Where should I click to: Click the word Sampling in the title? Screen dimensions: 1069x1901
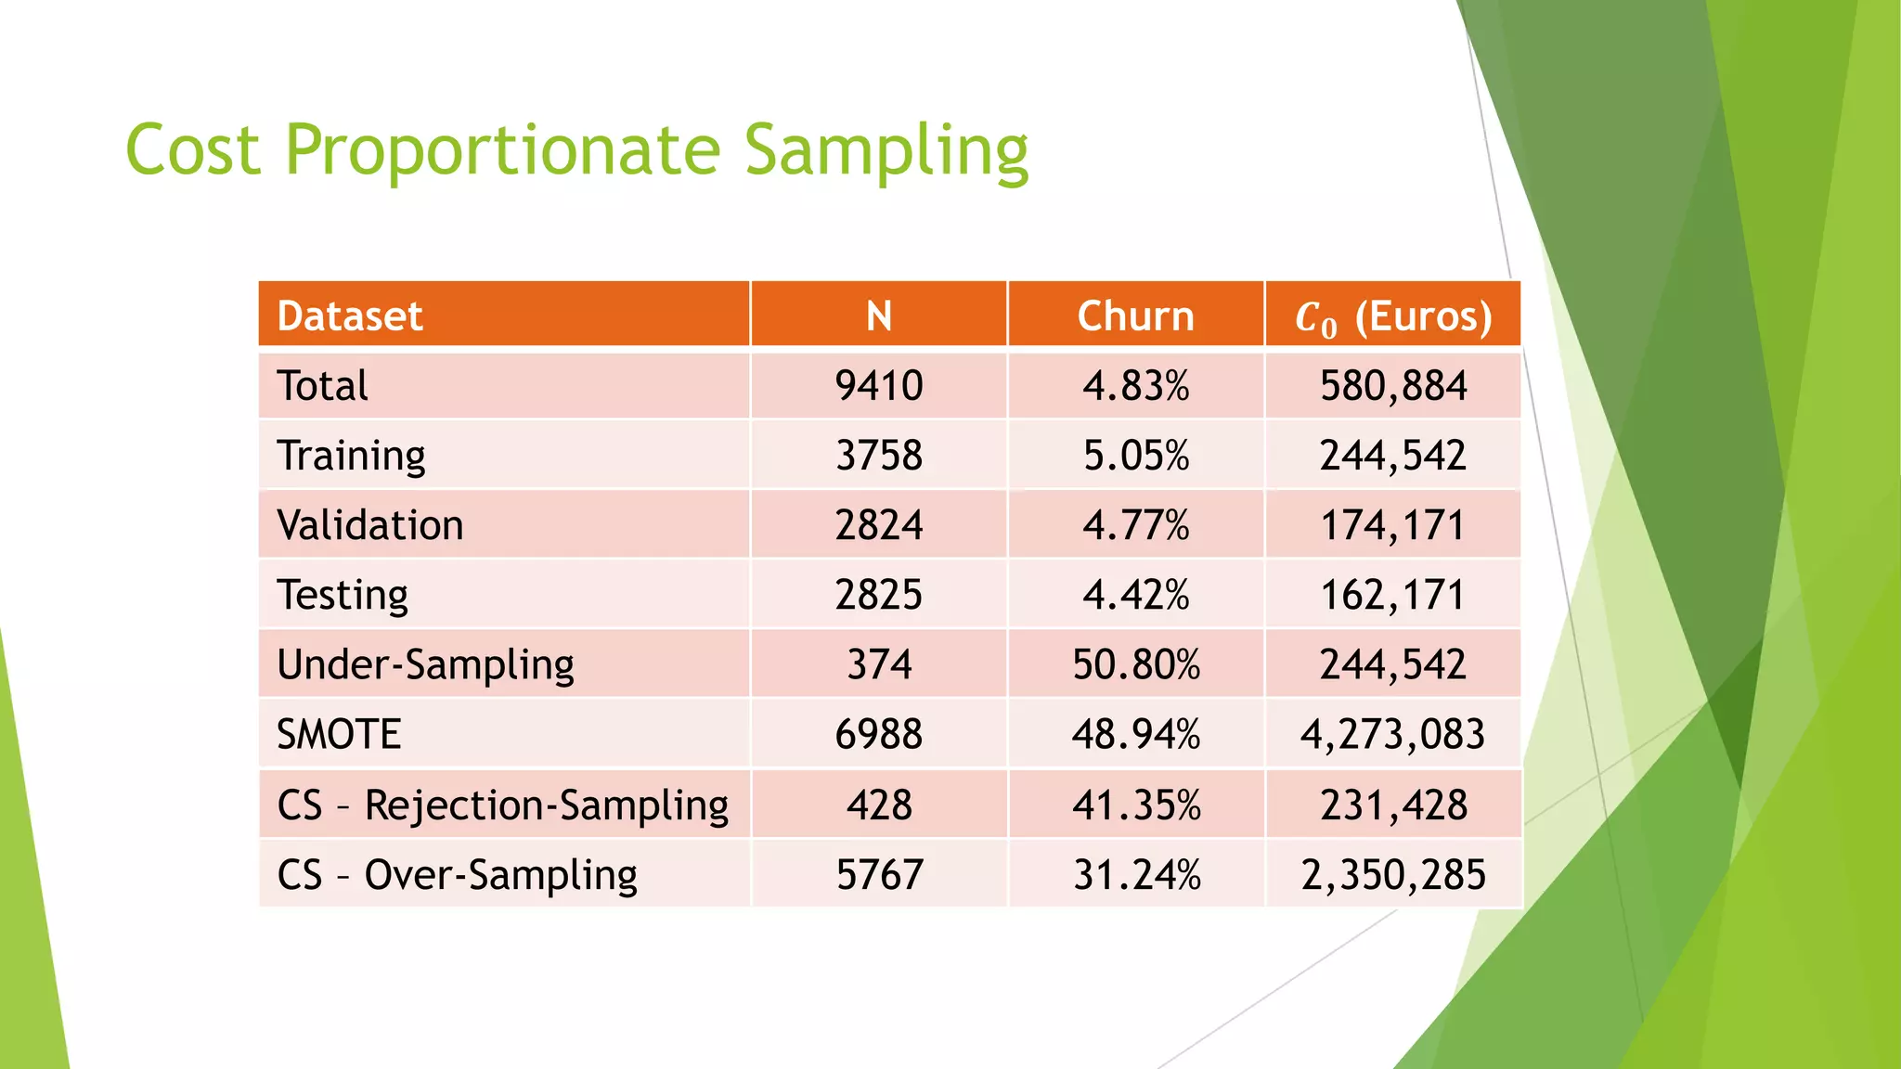point(886,150)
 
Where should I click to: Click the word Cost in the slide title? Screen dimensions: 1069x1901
point(193,150)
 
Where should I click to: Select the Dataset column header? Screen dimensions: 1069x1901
point(350,316)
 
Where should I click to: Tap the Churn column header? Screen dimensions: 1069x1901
point(1135,316)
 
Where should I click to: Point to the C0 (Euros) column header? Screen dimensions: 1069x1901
point(1392,317)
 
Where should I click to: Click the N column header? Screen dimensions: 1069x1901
point(878,316)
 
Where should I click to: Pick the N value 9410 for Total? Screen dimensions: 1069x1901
point(878,386)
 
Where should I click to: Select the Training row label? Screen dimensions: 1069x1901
point(351,456)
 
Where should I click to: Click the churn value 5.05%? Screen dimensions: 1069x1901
point(1135,456)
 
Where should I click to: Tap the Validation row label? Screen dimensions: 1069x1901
point(369,525)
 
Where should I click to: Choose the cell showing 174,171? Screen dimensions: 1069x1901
point(1392,525)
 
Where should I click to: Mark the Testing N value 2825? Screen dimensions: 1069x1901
point(878,595)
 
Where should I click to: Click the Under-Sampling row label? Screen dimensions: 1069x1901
point(425,665)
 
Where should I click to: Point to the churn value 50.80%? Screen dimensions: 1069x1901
point(1135,665)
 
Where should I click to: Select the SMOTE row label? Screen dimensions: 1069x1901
point(339,735)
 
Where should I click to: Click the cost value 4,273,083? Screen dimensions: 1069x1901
point(1392,735)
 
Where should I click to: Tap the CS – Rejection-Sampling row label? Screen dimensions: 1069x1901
point(502,805)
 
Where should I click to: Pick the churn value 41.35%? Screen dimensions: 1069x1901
point(1135,805)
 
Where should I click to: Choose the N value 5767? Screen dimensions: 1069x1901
point(878,875)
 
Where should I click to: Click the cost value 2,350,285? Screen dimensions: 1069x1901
point(1392,875)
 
